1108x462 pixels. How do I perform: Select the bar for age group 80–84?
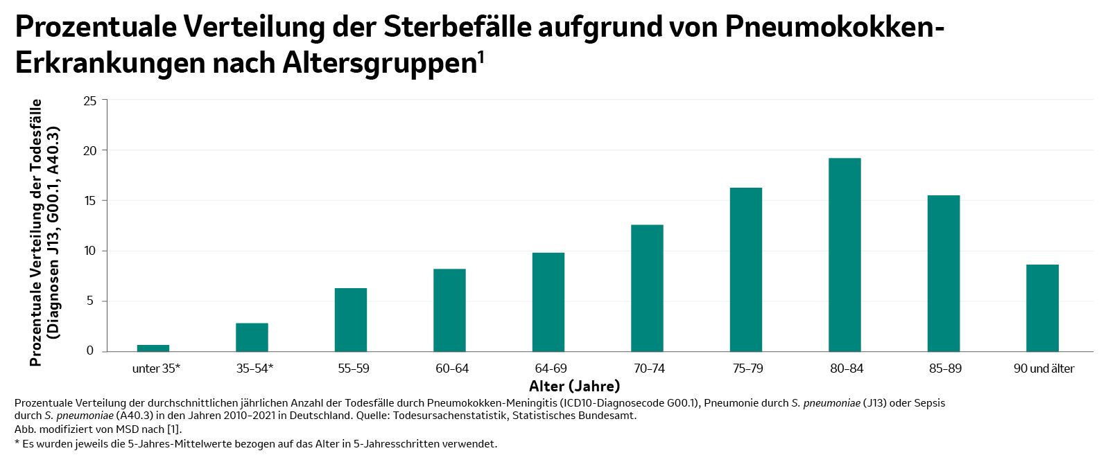845,255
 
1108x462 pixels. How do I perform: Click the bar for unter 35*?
153,348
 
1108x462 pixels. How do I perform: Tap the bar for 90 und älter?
1042,308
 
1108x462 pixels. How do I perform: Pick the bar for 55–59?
351,320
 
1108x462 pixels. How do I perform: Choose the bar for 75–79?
746,269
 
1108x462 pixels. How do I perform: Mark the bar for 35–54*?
252,337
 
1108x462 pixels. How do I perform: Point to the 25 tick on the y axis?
90,101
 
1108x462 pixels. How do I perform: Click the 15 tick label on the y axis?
90,201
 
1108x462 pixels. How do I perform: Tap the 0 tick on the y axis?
90,351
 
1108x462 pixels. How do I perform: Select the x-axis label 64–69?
551,368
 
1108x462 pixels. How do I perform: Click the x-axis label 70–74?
649,368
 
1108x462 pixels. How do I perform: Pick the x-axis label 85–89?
945,368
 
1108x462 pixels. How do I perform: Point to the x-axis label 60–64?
452,368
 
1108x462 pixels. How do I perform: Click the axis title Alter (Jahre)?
574,386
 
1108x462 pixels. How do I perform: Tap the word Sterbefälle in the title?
458,28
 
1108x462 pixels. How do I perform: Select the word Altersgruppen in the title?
379,64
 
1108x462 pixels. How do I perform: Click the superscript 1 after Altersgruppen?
481,57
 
